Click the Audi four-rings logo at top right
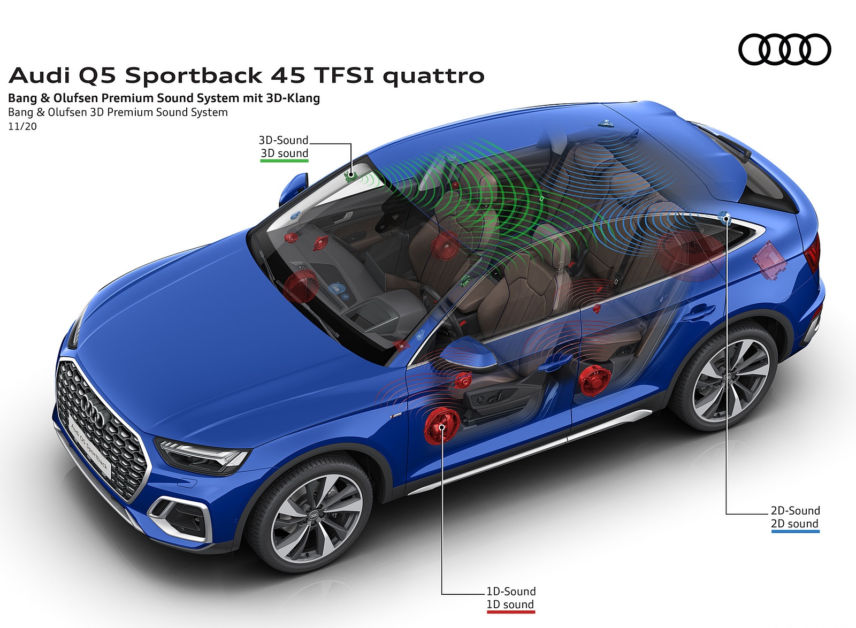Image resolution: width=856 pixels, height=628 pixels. (x=784, y=50)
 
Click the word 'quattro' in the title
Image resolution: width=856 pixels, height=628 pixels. (x=433, y=76)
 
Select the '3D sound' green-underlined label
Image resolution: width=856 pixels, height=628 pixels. (x=284, y=154)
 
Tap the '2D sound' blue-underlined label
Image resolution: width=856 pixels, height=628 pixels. (x=794, y=524)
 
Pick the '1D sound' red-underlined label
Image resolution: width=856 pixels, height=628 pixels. (x=510, y=605)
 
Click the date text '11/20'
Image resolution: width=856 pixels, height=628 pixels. (x=22, y=127)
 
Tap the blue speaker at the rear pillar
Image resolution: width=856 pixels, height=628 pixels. (x=726, y=217)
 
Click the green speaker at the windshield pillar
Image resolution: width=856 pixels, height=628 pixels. (x=351, y=175)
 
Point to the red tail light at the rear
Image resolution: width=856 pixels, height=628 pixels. (x=813, y=252)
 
